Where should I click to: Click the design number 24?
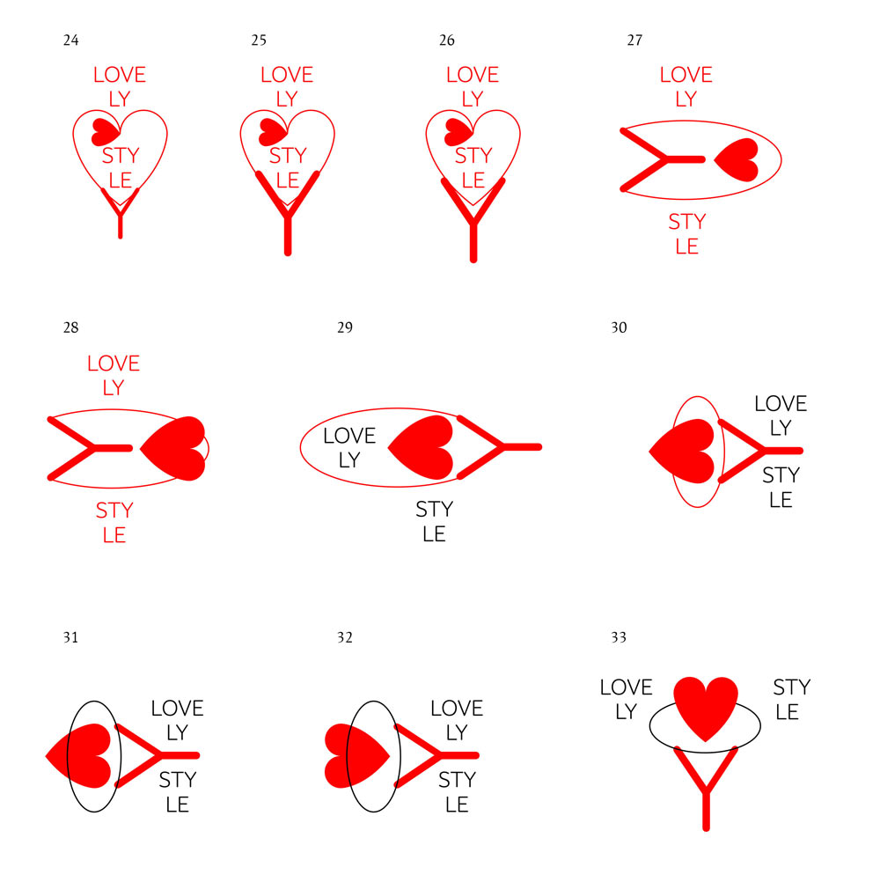(71, 40)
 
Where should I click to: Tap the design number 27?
(634, 40)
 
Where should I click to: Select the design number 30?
(619, 327)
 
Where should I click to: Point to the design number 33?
(619, 636)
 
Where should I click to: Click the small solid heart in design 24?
(104, 131)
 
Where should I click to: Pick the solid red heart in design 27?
(738, 160)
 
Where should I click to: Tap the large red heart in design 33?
(706, 705)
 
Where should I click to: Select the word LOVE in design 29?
(349, 436)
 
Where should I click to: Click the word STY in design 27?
(686, 222)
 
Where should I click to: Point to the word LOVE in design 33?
(626, 687)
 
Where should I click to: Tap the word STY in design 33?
(791, 687)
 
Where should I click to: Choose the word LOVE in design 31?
(177, 709)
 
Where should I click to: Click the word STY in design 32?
(457, 780)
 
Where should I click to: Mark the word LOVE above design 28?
(114, 363)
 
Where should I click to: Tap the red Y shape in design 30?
(759, 451)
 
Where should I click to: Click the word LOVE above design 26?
(473, 75)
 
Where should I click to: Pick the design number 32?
(344, 636)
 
